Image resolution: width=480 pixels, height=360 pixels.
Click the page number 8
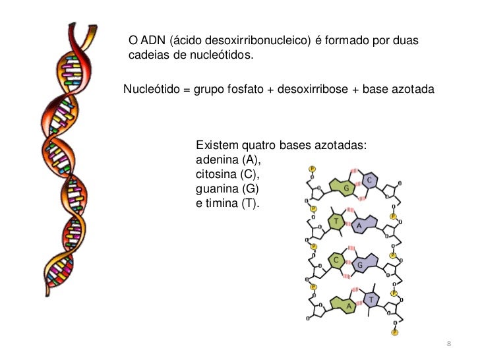click(x=448, y=345)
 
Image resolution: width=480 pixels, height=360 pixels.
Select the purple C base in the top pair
click(x=370, y=181)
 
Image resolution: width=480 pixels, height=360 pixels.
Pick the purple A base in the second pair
click(x=360, y=226)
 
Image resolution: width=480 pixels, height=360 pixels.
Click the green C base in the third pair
click(x=336, y=260)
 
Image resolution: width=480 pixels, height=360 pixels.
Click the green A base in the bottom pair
click(x=348, y=307)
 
